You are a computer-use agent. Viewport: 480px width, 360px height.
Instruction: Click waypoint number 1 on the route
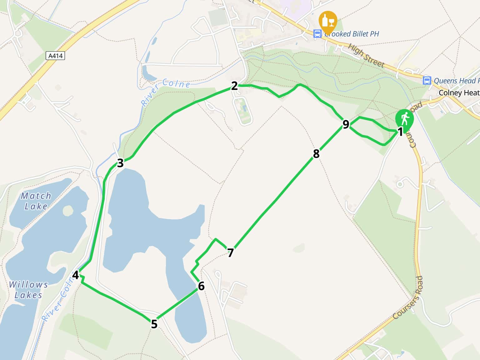[x=400, y=132]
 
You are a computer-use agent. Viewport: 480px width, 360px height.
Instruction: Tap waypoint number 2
[x=234, y=86]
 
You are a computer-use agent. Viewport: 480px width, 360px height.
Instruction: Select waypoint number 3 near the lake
[x=120, y=163]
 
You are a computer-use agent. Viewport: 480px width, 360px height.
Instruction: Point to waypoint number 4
[x=76, y=275]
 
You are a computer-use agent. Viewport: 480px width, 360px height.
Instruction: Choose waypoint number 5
[x=154, y=324]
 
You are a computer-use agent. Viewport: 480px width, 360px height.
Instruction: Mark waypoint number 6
[x=201, y=286]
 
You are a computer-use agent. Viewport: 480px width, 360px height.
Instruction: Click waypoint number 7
[x=231, y=252]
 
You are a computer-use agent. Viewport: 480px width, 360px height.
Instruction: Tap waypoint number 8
[x=316, y=153]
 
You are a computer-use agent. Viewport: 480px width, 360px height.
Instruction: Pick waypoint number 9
[x=346, y=124]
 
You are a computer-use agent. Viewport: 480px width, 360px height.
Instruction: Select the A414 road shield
[x=55, y=56]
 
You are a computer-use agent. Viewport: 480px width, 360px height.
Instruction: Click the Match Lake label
[x=36, y=201]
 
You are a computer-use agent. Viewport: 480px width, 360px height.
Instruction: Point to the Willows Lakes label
[x=28, y=290]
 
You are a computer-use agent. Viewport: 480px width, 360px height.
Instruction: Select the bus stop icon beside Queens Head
[x=427, y=81]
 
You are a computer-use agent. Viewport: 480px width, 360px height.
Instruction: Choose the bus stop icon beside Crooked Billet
[x=317, y=34]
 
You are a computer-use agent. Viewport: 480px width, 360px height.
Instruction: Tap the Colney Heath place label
[x=459, y=93]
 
